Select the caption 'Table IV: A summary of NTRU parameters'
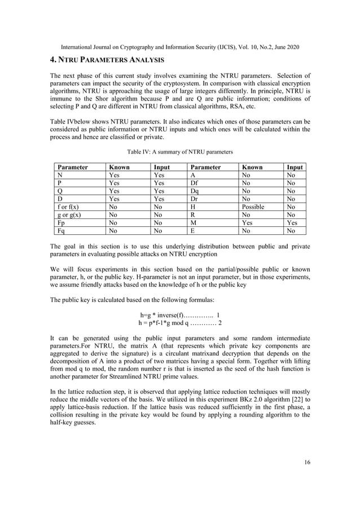[180, 151]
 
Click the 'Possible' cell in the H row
[253, 207]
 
